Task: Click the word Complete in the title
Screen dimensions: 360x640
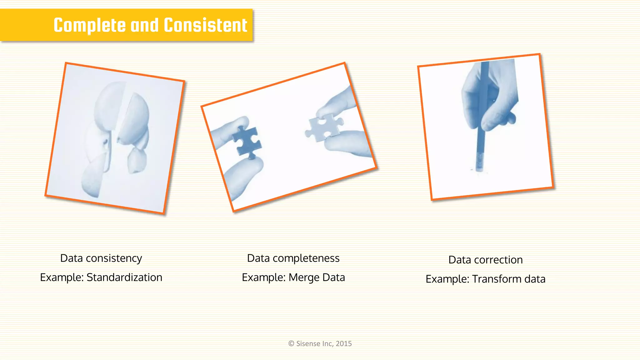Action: point(89,26)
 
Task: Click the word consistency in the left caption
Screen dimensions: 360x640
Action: point(114,258)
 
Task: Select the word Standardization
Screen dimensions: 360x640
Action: point(124,277)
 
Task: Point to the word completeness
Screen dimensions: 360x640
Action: point(306,258)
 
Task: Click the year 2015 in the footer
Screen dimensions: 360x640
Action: point(344,344)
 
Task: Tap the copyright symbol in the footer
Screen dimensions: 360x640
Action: point(291,344)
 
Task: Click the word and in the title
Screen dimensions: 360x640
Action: point(144,26)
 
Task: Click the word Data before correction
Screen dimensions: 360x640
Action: point(460,260)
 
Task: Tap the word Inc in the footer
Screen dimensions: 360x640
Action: point(327,344)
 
